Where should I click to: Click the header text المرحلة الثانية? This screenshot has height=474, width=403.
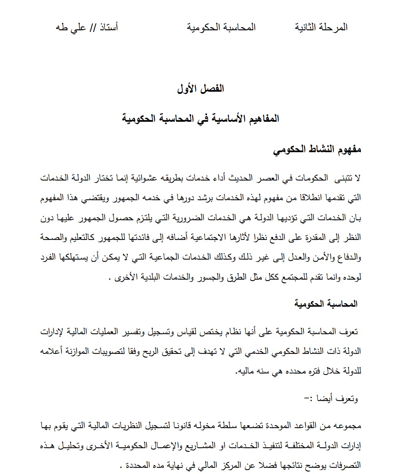click(321, 27)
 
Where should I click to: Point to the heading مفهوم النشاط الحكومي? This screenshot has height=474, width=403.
click(317, 150)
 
